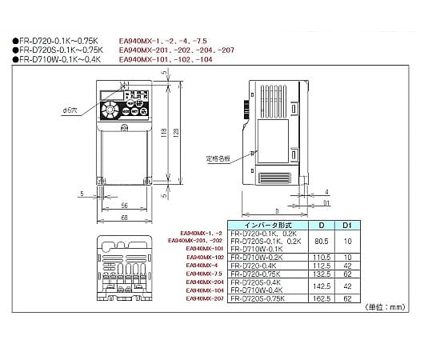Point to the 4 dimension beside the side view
tap(327, 191)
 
